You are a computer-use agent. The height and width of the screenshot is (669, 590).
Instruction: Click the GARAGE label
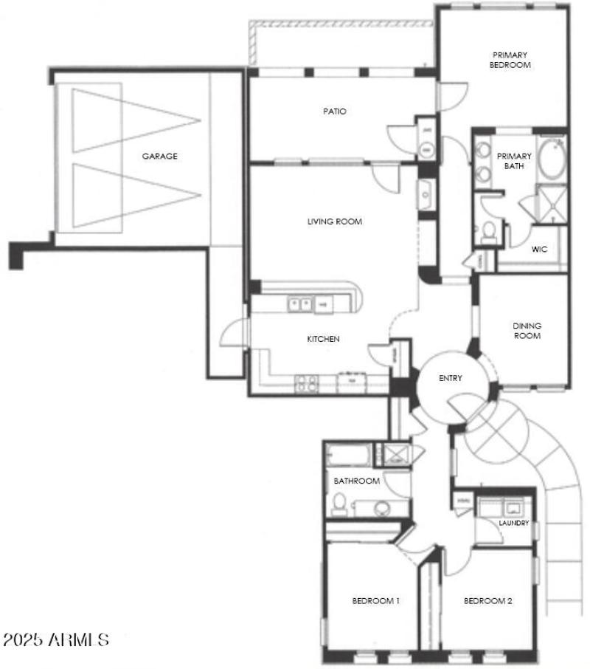(160, 156)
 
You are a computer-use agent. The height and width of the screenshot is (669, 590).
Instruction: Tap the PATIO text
(334, 111)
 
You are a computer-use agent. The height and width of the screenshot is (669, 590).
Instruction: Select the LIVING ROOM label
(334, 221)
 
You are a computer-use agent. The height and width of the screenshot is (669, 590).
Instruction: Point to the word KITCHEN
(323, 339)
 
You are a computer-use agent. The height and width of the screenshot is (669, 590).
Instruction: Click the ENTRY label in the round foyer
(450, 378)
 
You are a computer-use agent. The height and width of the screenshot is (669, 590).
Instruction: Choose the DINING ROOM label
(527, 331)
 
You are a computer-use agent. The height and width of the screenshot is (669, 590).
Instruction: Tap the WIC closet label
(539, 249)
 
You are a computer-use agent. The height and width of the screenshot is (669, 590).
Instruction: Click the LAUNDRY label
(513, 523)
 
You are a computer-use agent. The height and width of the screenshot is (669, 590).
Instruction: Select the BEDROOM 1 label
(375, 600)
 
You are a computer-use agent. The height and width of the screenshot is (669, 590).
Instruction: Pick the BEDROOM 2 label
(487, 600)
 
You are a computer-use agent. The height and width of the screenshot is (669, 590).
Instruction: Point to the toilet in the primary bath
(487, 233)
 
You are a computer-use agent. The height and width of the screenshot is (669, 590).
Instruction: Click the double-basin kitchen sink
(299, 302)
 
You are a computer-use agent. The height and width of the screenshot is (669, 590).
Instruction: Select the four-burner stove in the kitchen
(306, 382)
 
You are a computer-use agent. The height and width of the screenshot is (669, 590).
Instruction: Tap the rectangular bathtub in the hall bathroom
(347, 454)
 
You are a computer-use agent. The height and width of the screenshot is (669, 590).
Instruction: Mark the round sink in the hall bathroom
(382, 507)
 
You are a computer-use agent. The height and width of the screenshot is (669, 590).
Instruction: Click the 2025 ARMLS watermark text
(56, 639)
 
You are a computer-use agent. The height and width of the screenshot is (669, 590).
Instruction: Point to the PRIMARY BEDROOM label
(510, 59)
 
